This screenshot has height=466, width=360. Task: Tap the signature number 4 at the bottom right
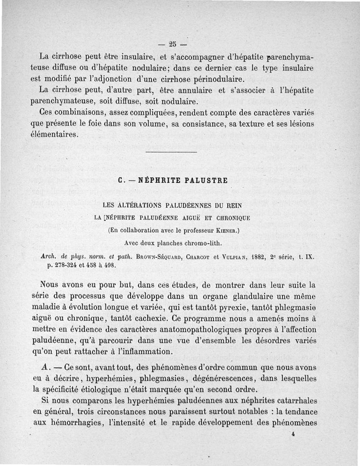pos(292,435)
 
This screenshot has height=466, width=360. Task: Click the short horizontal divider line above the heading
pos(171,153)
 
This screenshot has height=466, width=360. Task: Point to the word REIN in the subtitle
pos(234,206)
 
